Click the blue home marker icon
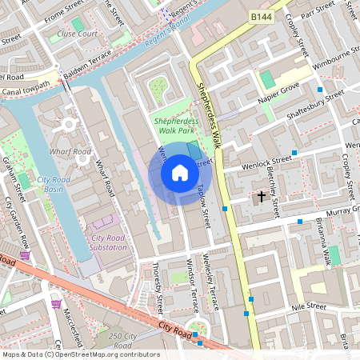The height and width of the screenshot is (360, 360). click(x=180, y=174)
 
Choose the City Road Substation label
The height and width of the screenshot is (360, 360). click(x=110, y=242)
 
